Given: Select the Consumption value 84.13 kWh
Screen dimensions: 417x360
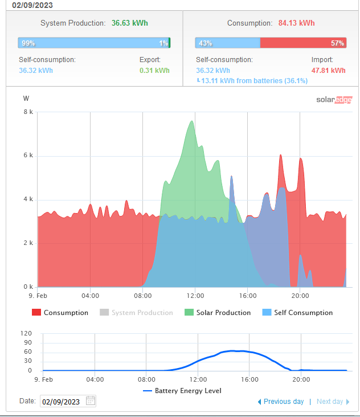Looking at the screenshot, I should pyautogui.click(x=296, y=23).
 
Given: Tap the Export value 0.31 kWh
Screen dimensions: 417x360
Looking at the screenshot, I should pyautogui.click(x=154, y=71).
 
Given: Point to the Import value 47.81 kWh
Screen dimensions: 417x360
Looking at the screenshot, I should pyautogui.click(x=328, y=71).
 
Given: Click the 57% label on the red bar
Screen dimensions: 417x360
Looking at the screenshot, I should pyautogui.click(x=337, y=43).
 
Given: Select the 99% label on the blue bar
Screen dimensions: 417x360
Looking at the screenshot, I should pyautogui.click(x=27, y=43).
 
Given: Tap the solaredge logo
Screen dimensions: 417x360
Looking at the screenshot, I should pyautogui.click(x=330, y=100).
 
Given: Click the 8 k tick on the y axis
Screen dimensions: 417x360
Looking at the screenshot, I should pyautogui.click(x=28, y=112).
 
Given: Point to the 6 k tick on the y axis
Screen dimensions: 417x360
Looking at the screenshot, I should pyautogui.click(x=28, y=156).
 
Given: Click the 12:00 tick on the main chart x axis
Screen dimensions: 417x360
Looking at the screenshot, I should pyautogui.click(x=195, y=296).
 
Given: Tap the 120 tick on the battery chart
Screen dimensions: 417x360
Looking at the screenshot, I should pyautogui.click(x=26, y=333).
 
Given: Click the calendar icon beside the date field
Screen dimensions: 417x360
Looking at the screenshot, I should pyautogui.click(x=91, y=400).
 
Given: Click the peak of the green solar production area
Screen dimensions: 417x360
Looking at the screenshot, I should pyautogui.click(x=192, y=121).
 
